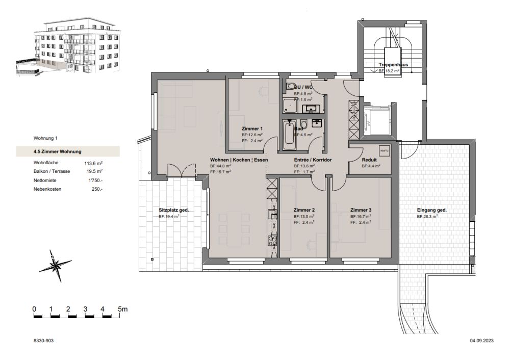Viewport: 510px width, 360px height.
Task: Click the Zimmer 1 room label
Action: click(252, 128)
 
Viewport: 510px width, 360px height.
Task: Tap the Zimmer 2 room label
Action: click(304, 210)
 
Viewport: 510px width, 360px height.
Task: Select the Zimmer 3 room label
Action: click(361, 210)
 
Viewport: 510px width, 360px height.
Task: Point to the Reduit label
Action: click(369, 160)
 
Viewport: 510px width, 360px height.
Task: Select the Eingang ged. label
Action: click(431, 210)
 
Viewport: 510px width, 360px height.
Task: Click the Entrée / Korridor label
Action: click(313, 160)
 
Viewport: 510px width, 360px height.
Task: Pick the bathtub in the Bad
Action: click(289, 135)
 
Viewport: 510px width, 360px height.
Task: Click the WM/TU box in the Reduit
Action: click(384, 151)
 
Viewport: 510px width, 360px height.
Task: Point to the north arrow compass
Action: click(56, 265)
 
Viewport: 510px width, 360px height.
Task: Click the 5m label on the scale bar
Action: click(122, 309)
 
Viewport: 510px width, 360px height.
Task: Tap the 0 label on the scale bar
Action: click(34, 309)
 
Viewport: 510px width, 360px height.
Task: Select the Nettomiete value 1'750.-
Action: click(95, 180)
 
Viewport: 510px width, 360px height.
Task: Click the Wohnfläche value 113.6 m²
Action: click(94, 163)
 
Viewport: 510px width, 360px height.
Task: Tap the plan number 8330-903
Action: click(43, 340)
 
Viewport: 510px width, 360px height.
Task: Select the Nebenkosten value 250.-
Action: click(96, 189)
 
